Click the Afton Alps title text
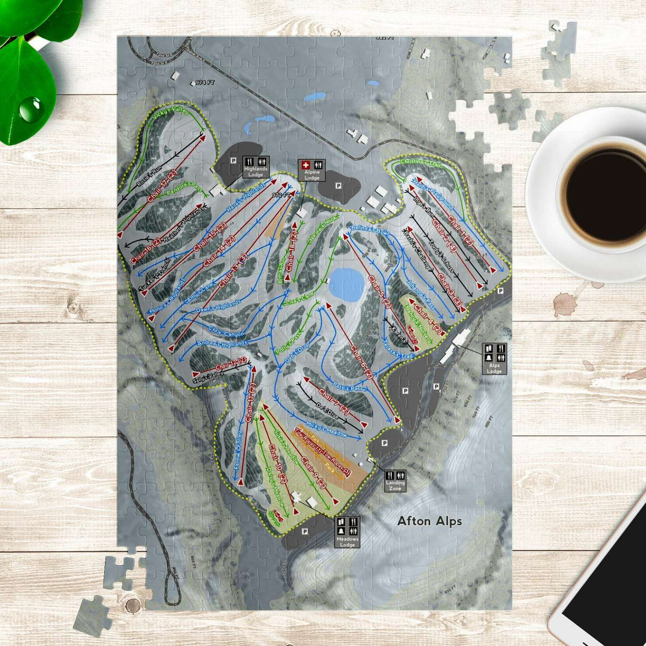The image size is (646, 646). pos(429,521)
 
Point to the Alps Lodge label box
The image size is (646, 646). pos(494,359)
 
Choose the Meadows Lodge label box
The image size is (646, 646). pos(347,532)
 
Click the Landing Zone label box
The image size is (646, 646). pos(395,481)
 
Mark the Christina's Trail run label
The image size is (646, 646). pos(420,163)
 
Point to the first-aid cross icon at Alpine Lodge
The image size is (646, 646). pos(305,164)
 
